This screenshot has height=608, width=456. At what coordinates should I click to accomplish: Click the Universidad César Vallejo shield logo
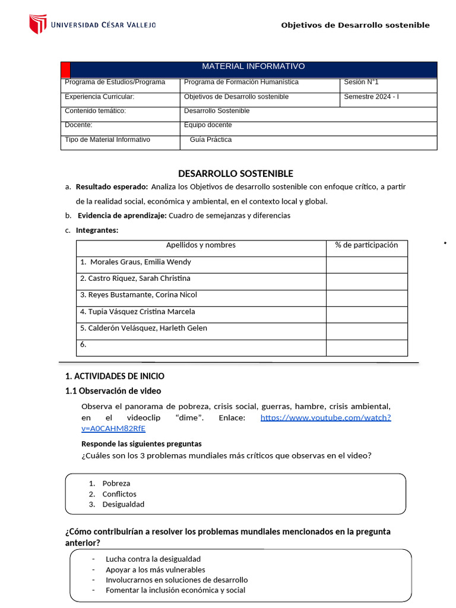[37, 24]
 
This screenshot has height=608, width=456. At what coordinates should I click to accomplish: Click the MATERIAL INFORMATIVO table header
[254, 66]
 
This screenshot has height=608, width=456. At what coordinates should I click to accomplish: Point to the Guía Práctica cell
[211, 140]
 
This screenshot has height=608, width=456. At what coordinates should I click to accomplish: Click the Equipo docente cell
[208, 125]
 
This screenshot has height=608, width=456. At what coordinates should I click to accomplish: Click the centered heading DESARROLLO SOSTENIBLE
[236, 173]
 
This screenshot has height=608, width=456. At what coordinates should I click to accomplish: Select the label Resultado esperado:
[112, 186]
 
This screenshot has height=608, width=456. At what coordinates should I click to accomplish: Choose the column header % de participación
[366, 245]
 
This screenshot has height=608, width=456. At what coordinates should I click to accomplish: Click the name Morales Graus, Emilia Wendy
[140, 262]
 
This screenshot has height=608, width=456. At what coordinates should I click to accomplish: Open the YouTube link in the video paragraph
[325, 417]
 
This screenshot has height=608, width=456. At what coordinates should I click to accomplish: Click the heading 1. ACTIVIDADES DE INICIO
[115, 376]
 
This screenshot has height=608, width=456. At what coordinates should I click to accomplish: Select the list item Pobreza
[116, 483]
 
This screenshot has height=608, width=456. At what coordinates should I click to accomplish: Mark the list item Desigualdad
[123, 504]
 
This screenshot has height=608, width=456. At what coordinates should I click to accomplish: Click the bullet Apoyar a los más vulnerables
[155, 569]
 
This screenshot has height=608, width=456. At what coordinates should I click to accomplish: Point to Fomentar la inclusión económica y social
[175, 590]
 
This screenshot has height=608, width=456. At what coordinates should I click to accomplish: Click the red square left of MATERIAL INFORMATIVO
[65, 69]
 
